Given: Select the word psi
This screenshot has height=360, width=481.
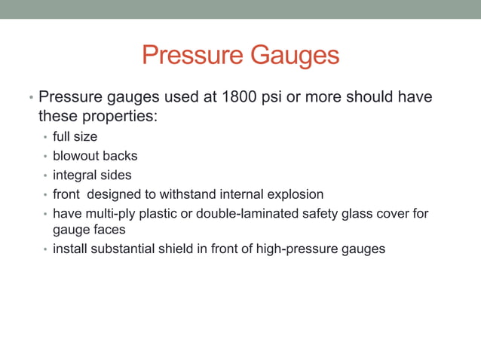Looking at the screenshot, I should pos(283,98).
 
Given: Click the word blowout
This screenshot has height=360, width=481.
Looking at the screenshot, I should pos(75,156).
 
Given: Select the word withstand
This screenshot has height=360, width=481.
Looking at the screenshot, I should pos(184,195).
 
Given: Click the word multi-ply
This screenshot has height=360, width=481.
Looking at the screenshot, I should pos(109,214).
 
